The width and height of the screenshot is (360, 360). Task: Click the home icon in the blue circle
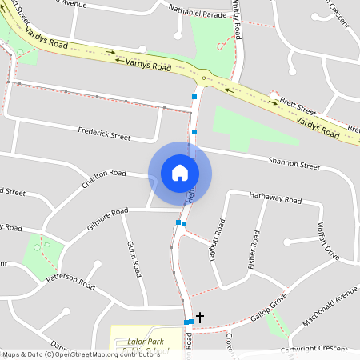180,173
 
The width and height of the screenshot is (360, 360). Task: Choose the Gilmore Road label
108,217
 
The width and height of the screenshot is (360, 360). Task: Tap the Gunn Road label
133,258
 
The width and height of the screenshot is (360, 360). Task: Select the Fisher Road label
254,249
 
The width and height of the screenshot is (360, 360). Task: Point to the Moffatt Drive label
328,240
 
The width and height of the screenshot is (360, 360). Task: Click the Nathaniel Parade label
198,11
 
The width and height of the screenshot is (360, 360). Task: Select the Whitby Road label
237,19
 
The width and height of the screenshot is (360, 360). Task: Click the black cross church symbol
200,318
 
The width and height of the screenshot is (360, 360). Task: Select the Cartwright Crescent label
314,350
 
